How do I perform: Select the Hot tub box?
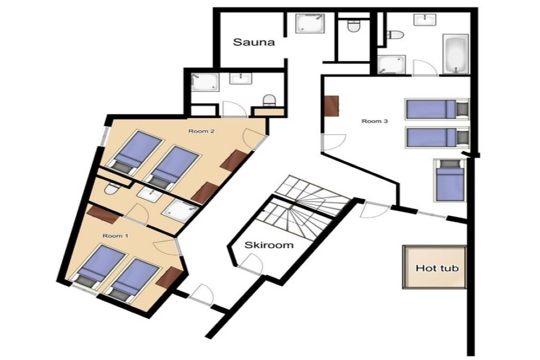pyautogui.click(x=435, y=267)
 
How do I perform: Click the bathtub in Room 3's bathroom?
pyautogui.click(x=455, y=54)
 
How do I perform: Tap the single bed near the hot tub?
pyautogui.click(x=448, y=180)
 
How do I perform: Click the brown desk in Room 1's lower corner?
pyautogui.click(x=169, y=277)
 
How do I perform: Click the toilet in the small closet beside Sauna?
pyautogui.click(x=353, y=26)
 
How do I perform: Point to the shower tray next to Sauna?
pyautogui.click(x=310, y=23)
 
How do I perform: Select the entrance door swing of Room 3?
pyautogui.click(x=333, y=142)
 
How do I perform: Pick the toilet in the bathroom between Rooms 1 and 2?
pyautogui.click(x=112, y=188)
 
